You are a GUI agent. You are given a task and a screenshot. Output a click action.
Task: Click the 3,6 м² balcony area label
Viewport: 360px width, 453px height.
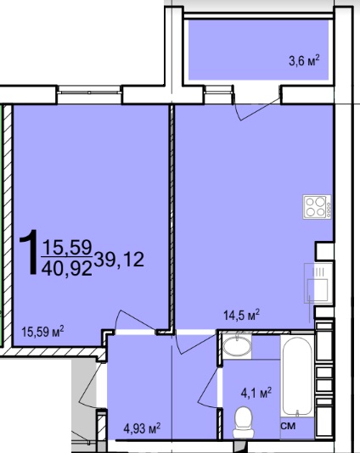click(x=304, y=61)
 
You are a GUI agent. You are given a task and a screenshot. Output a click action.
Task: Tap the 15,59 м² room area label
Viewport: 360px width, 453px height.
click(x=42, y=331)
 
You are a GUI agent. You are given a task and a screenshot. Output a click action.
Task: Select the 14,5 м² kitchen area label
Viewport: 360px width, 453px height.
click(x=242, y=315)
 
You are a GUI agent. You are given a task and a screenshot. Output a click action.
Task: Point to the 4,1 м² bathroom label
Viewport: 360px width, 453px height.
click(x=256, y=393)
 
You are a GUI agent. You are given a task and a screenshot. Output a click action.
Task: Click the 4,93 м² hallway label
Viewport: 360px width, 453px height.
click(x=142, y=428)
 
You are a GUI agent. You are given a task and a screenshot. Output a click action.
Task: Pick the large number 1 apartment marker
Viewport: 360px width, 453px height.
click(x=29, y=252)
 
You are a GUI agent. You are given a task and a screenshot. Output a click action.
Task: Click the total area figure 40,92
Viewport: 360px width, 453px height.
click(x=67, y=268)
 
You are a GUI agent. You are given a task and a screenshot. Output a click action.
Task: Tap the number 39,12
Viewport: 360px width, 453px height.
click(x=119, y=259)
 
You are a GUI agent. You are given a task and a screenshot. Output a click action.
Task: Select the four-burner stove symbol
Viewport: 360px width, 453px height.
click(x=317, y=207)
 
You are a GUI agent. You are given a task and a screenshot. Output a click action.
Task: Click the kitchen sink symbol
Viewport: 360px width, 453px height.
click(x=318, y=283)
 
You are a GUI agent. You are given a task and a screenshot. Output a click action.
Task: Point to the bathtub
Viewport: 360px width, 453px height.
click(x=297, y=377)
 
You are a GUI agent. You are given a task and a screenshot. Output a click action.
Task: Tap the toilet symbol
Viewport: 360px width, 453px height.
click(x=244, y=422)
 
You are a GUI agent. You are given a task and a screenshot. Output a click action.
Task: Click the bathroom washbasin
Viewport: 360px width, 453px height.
click(x=237, y=346)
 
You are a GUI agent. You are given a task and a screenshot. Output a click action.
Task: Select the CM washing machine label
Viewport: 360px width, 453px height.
click(x=289, y=426)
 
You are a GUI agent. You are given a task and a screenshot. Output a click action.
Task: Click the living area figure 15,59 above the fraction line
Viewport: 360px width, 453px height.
click(x=67, y=248)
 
